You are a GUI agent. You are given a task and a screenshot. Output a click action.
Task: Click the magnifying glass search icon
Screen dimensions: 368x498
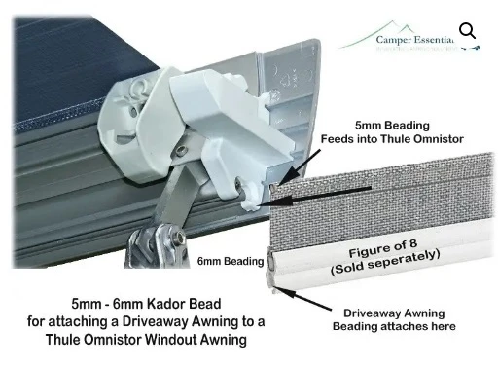point(468,31)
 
